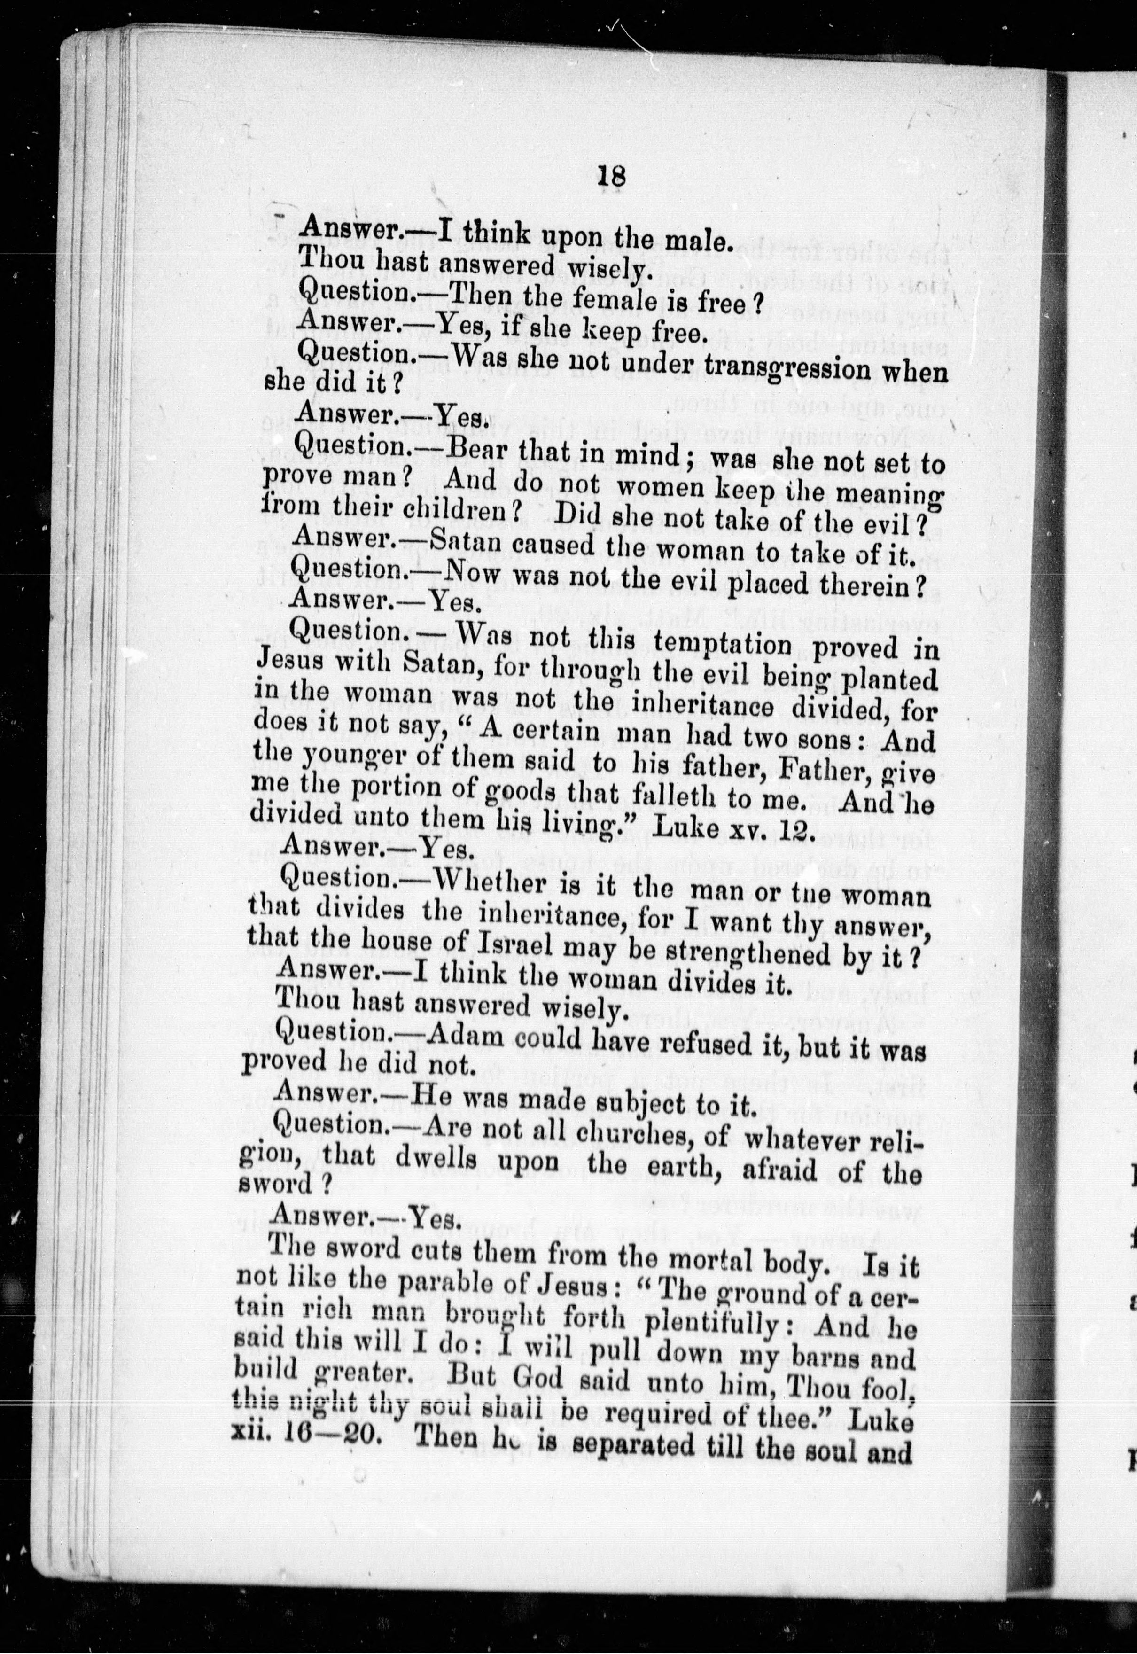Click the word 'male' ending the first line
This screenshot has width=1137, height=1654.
pos(694,242)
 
